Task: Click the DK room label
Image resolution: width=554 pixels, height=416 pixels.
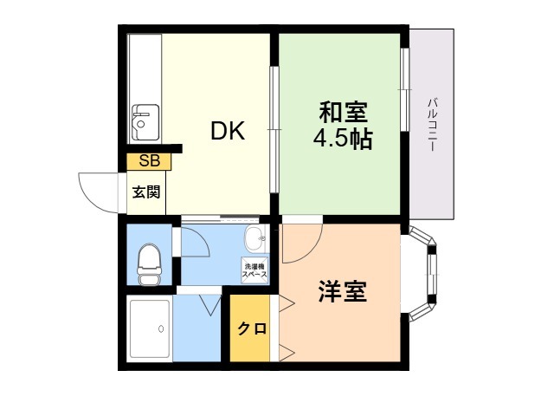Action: coord(228,131)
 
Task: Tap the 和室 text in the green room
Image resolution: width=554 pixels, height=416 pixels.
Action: coord(343,112)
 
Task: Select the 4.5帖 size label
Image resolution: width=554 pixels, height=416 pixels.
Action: coord(343,139)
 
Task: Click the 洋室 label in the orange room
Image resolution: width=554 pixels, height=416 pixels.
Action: coord(343,291)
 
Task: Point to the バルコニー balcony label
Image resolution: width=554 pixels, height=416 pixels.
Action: coord(433,125)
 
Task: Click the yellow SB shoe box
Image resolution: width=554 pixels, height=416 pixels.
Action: coord(149,161)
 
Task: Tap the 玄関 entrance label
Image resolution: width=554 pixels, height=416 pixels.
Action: coord(146,192)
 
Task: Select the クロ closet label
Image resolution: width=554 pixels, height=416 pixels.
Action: coord(251,329)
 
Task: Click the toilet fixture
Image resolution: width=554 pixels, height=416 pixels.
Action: coord(149,263)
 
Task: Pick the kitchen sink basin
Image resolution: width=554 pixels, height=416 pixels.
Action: coord(145,122)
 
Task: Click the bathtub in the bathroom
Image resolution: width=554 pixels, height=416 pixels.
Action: coord(150,330)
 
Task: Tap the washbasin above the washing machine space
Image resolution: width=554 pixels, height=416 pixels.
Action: coord(256,239)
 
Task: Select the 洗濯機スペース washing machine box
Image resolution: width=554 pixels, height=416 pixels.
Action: coord(254,270)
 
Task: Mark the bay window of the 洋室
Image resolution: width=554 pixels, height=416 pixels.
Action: coord(423,275)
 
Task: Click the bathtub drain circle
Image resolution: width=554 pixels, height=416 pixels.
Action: coord(161,329)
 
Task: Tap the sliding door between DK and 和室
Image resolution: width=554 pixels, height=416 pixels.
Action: coord(274,129)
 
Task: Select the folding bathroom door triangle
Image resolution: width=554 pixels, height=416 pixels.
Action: coord(210,305)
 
